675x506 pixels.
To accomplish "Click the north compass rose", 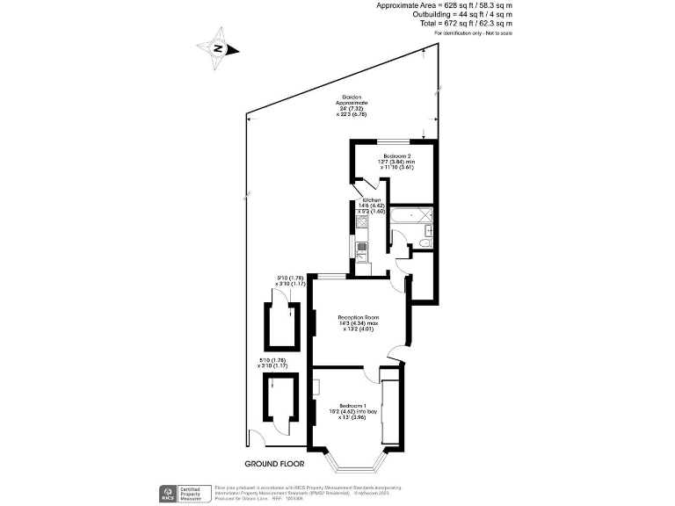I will pos(217,49).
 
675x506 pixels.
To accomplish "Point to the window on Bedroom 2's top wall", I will pos(393,141).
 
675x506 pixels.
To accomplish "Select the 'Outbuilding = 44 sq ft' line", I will pos(454,14).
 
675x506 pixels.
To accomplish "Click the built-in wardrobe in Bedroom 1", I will pos(389,408).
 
